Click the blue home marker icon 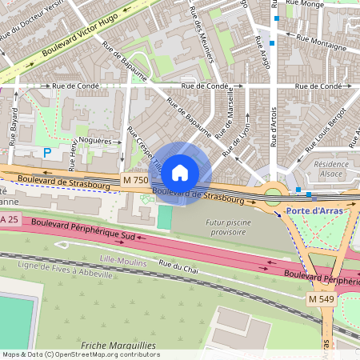coord(180,172)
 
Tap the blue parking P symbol coord(46,152)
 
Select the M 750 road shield coord(135,181)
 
